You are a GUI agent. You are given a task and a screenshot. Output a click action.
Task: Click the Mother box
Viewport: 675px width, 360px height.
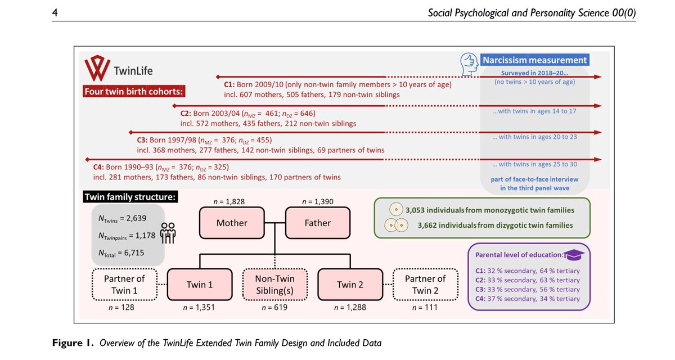(x=232, y=223)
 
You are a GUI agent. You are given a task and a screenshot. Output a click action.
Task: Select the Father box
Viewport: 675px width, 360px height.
(x=317, y=223)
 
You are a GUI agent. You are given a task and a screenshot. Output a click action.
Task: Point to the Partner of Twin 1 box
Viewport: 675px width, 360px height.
(x=124, y=285)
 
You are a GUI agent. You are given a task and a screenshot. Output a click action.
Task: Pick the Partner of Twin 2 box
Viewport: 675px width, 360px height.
(x=425, y=285)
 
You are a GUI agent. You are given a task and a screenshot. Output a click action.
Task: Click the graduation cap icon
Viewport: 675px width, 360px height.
(x=575, y=254)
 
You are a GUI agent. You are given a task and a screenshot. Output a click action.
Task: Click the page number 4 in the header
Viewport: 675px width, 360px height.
(x=54, y=12)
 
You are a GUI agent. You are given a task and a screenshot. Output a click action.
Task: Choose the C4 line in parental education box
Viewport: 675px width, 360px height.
(x=528, y=299)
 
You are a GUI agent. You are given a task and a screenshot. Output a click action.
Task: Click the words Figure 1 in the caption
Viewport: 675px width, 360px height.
(x=74, y=342)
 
